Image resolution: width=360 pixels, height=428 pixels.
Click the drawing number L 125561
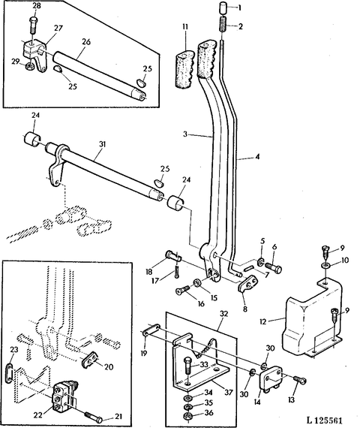pos(324,420)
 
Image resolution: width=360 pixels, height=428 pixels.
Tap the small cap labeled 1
pos(223,8)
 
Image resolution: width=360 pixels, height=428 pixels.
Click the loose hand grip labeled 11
pos(184,69)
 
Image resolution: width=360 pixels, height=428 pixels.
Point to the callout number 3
pos(185,134)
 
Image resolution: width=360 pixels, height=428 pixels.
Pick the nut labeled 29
pos(29,65)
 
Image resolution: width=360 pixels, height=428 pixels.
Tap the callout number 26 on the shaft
pos(86,42)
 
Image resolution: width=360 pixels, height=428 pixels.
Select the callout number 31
pos(102,144)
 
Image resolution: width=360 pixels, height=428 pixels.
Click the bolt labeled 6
pos(274,267)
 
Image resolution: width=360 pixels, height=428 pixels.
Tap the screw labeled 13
pos(299,379)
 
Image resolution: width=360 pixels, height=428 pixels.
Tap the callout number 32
pos(223,314)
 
